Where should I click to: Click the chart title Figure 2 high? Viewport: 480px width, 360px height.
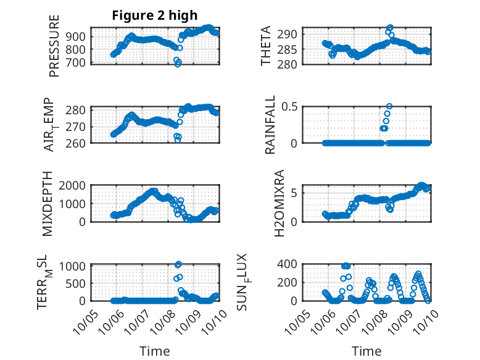tap(155, 15)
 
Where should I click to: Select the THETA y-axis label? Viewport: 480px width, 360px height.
tap(266, 45)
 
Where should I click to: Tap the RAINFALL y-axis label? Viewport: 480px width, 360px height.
tap(270, 124)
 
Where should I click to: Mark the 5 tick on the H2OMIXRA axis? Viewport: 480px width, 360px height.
tap(295, 193)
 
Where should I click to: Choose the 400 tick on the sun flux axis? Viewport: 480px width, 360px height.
tap(291, 264)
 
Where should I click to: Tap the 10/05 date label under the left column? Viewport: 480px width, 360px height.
tap(83, 320)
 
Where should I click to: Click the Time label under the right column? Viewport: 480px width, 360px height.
tap(366, 351)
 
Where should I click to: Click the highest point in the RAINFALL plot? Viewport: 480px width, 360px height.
tap(389, 106)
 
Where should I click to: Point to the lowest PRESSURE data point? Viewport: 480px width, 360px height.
tap(178, 64)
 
